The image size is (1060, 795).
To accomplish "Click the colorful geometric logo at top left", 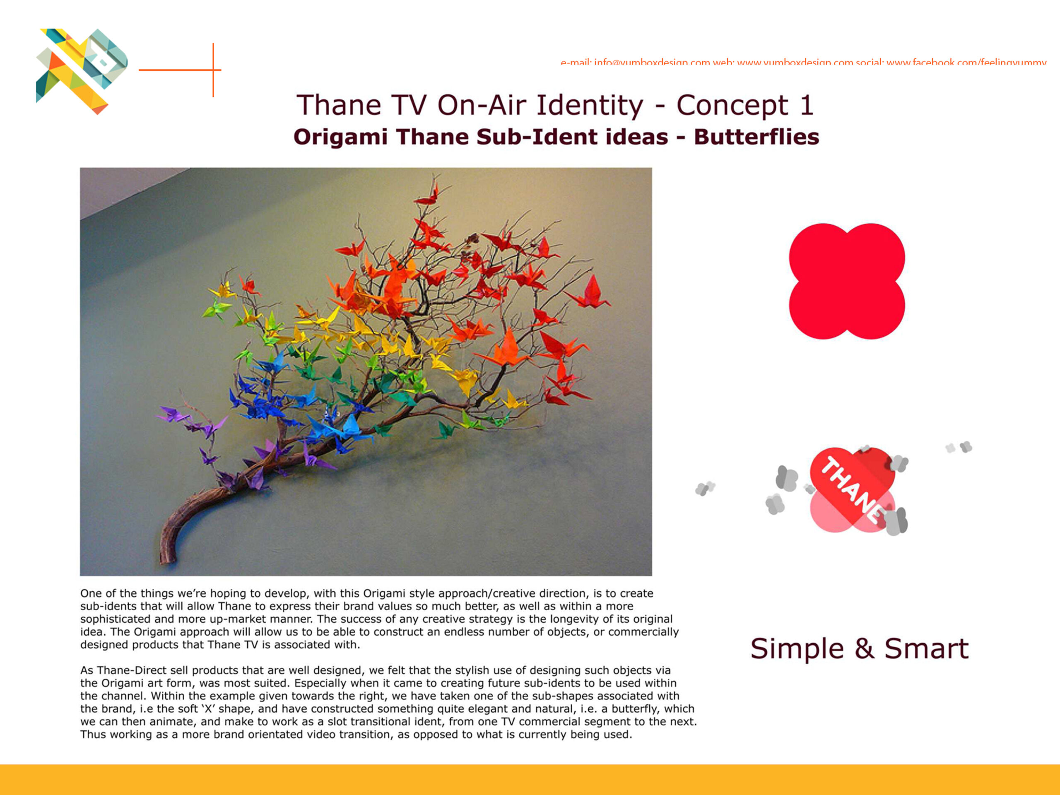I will (82, 70).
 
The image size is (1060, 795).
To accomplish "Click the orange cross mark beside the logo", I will (213, 70).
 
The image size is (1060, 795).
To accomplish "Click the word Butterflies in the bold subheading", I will (756, 137).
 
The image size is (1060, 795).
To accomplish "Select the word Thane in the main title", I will (338, 106).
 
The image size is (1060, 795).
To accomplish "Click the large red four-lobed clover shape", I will (847, 281).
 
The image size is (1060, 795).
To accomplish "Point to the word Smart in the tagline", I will (926, 649).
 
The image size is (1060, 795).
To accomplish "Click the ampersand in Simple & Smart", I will (864, 649).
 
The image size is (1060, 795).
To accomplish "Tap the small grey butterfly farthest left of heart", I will (704, 488).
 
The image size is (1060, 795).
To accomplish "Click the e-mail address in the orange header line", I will (652, 62).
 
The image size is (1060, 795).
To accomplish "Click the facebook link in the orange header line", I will (966, 62).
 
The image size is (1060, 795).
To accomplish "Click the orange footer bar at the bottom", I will (530, 779).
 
